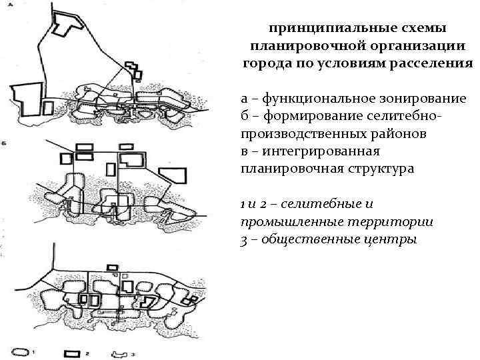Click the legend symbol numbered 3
(x=121, y=351)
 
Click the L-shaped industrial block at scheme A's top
(x=64, y=24)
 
